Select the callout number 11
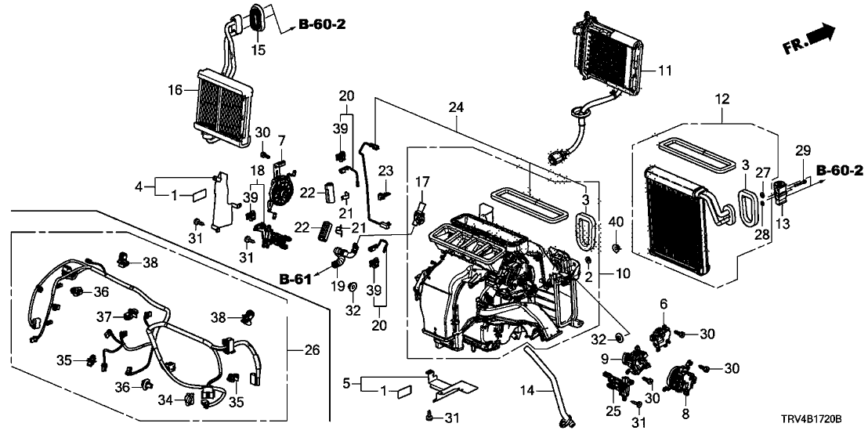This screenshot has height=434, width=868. pos(664,71)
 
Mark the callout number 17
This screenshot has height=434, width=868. pos(422,183)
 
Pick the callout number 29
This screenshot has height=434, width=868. pos(800,150)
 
